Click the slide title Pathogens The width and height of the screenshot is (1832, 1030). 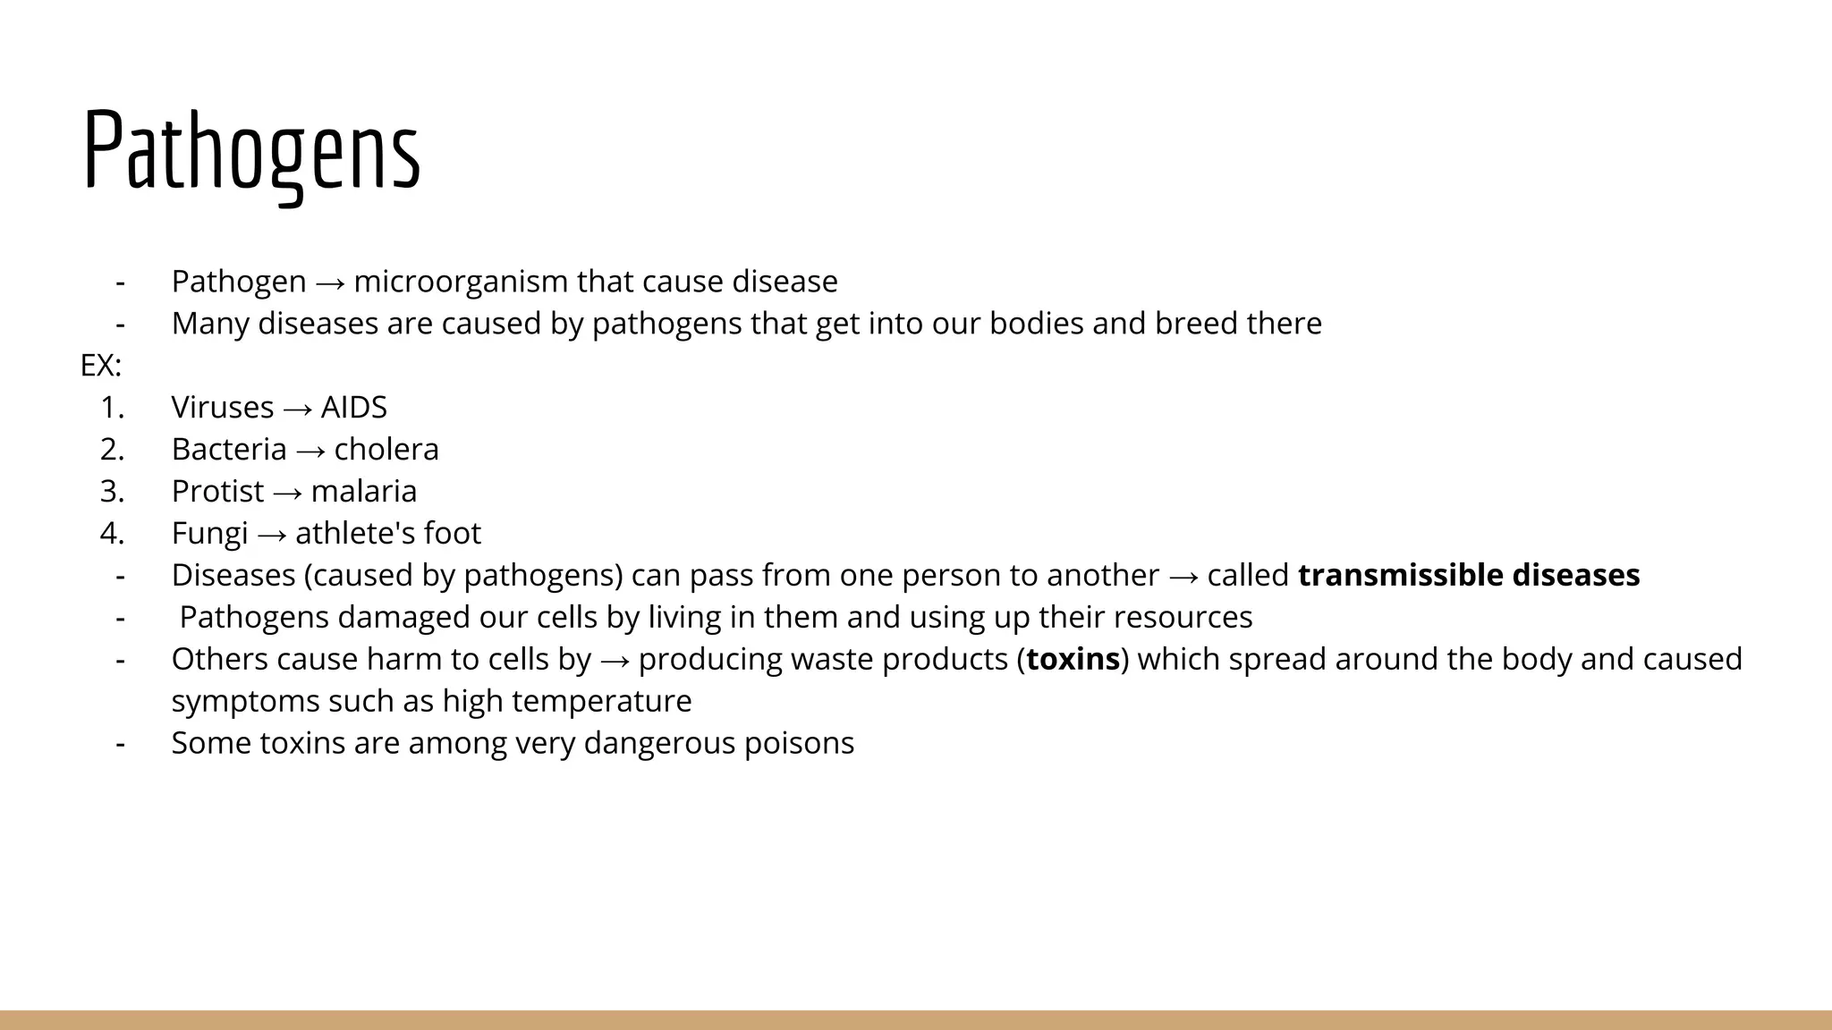(251, 150)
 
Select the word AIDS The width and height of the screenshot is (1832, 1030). (353, 408)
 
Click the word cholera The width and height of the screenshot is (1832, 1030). (386, 450)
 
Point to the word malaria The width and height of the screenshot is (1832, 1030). (364, 492)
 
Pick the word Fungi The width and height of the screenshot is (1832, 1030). (209, 534)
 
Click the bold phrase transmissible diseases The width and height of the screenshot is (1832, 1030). (1469, 575)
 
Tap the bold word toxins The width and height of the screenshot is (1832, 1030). (1073, 659)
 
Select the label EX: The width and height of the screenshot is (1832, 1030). (101, 366)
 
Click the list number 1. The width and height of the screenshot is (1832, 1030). (112, 408)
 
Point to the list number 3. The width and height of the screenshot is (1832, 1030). (112, 492)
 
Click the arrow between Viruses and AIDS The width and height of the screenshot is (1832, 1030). (297, 409)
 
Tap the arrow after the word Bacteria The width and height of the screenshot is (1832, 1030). (310, 451)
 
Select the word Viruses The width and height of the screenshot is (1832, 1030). (222, 408)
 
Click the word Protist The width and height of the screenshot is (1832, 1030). (217, 492)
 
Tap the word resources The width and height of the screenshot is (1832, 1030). (1183, 617)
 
